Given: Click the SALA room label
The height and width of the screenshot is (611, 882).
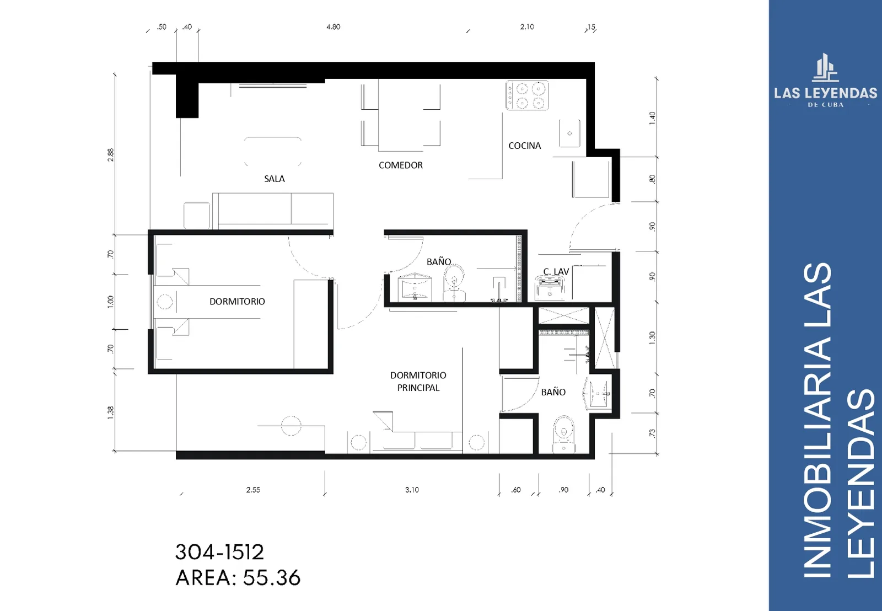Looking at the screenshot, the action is click(274, 179).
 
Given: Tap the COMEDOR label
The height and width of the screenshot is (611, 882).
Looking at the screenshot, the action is click(400, 165).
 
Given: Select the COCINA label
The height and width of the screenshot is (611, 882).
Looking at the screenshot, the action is click(524, 146).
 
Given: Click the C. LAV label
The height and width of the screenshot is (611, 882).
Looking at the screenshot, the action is click(556, 271).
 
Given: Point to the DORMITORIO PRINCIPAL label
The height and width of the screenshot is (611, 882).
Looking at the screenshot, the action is click(418, 382).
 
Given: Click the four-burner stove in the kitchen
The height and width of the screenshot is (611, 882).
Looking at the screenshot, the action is click(527, 96).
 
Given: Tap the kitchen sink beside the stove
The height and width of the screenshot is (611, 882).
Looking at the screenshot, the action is click(569, 133).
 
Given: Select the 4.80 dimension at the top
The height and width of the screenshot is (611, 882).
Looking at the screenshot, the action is click(333, 27).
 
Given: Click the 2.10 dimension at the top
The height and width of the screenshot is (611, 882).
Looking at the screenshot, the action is click(527, 27).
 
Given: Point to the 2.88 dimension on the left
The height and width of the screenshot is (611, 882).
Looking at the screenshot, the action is click(111, 154).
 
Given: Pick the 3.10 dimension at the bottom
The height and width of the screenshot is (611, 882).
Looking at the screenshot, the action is click(412, 490).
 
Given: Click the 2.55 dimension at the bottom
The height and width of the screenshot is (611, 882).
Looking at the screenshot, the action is click(253, 490).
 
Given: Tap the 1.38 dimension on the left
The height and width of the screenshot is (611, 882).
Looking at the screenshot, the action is click(111, 412).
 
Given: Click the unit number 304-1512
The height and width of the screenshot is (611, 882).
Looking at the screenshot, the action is click(219, 552).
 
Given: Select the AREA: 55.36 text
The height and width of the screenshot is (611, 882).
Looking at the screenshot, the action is click(238, 578).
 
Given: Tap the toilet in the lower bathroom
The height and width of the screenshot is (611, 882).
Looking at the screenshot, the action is click(564, 435).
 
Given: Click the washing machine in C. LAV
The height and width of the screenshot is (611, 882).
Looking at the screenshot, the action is click(550, 287).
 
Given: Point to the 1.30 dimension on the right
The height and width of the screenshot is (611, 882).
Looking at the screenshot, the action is click(653, 337).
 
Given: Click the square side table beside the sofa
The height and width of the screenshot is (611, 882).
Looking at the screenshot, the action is click(196, 216).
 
